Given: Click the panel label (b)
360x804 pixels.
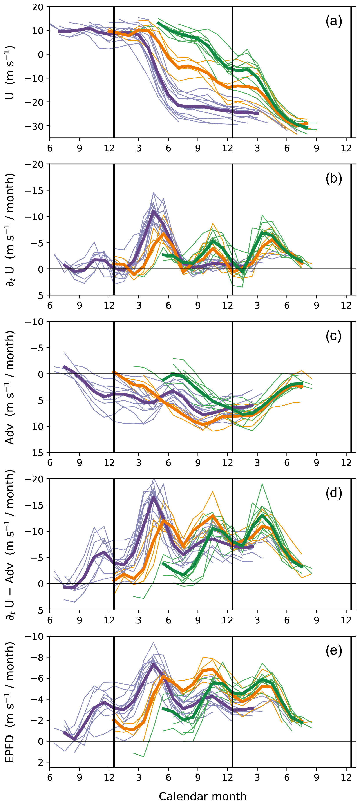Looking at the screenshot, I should point(333,179).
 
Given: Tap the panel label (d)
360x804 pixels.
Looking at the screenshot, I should point(333,493).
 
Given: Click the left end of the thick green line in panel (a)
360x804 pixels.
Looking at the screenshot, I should point(158,22).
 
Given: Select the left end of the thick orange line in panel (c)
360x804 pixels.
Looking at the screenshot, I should point(114,372).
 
